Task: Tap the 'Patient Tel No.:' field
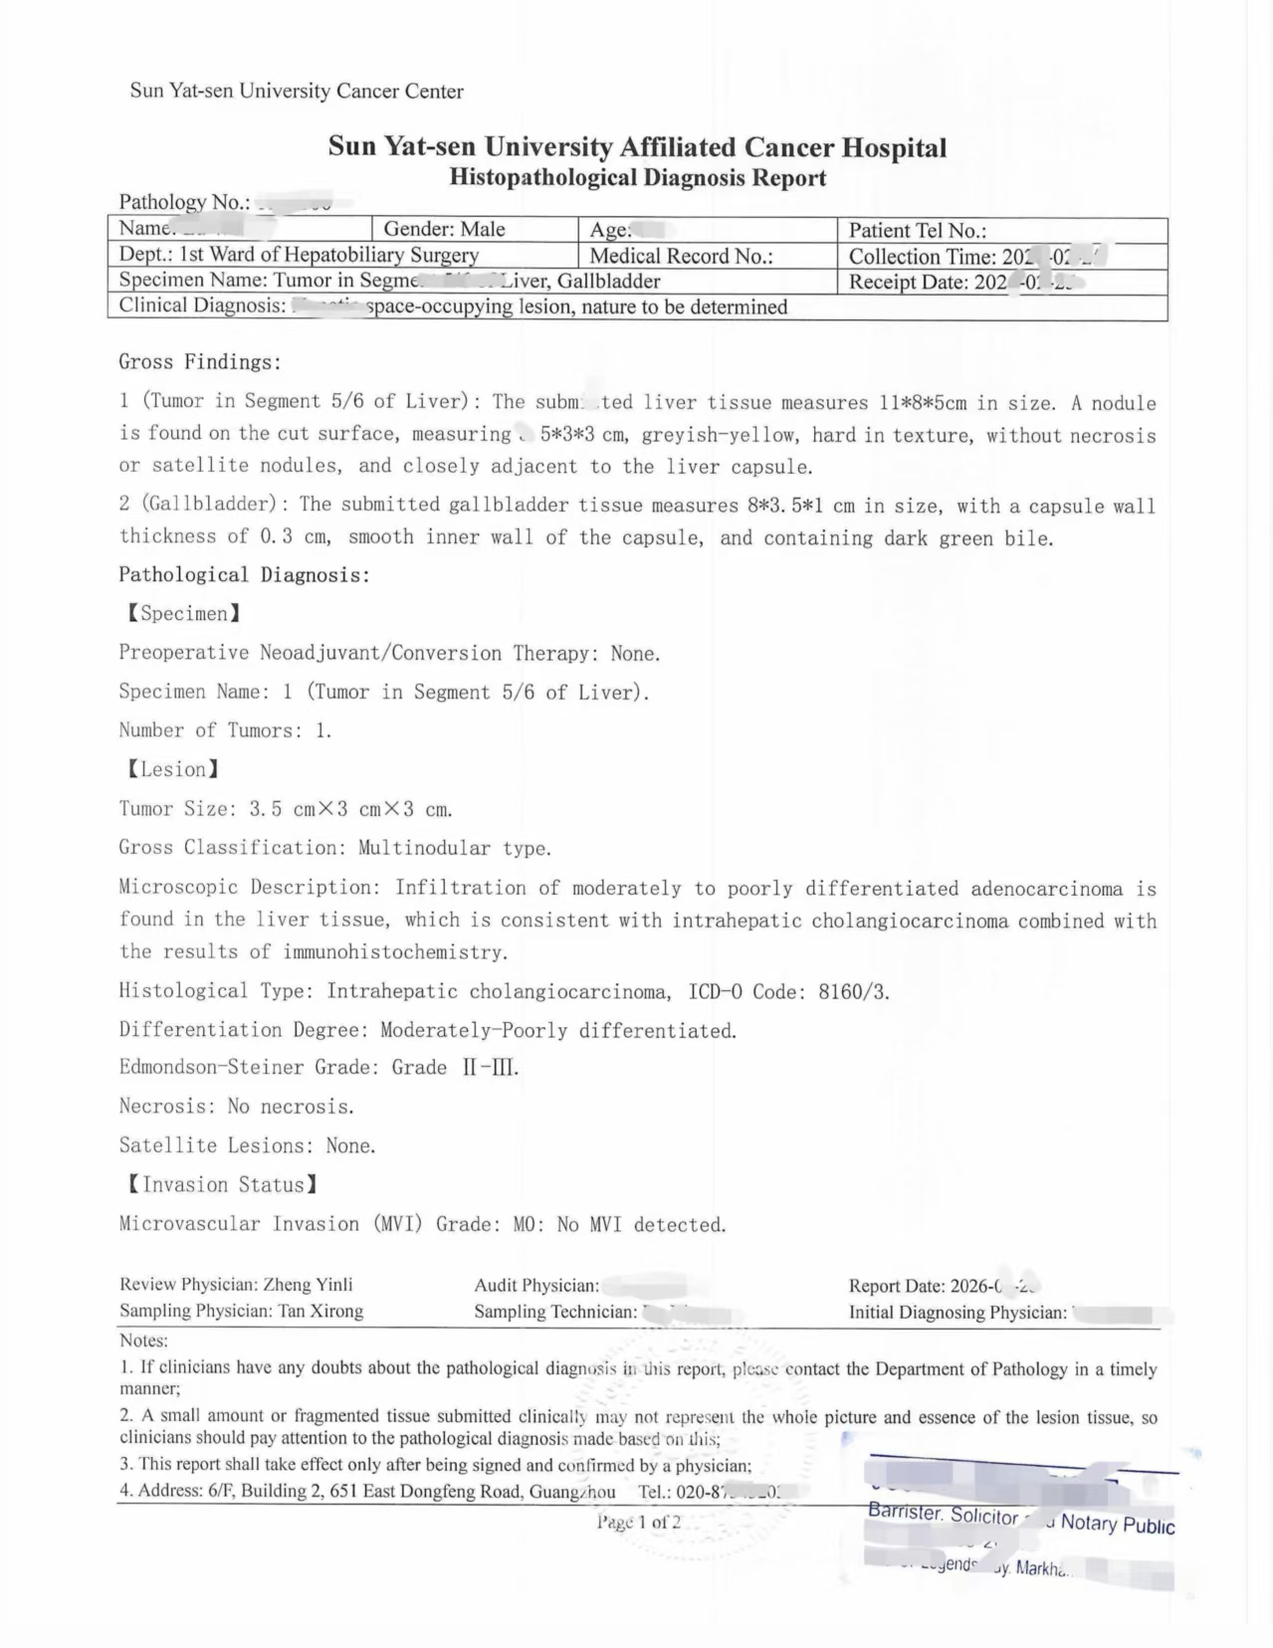(917, 231)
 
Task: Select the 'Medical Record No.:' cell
(681, 256)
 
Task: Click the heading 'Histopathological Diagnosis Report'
(637, 178)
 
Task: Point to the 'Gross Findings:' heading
(199, 361)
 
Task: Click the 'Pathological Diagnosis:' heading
(244, 574)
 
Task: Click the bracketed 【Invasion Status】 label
(222, 1184)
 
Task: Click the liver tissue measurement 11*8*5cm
(923, 403)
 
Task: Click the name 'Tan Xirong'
(320, 1311)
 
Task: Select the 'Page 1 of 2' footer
(639, 1522)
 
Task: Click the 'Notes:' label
(143, 1340)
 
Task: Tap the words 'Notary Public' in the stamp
(1117, 1524)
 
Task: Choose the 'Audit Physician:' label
(536, 1286)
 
